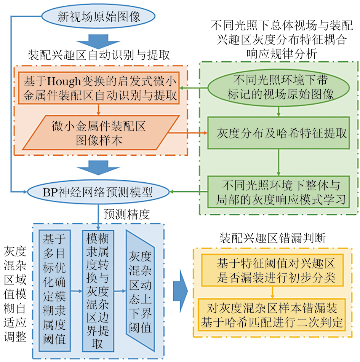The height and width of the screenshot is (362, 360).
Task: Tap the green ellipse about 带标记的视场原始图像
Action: [x=279, y=87]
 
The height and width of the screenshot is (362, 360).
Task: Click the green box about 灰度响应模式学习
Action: [x=279, y=192]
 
